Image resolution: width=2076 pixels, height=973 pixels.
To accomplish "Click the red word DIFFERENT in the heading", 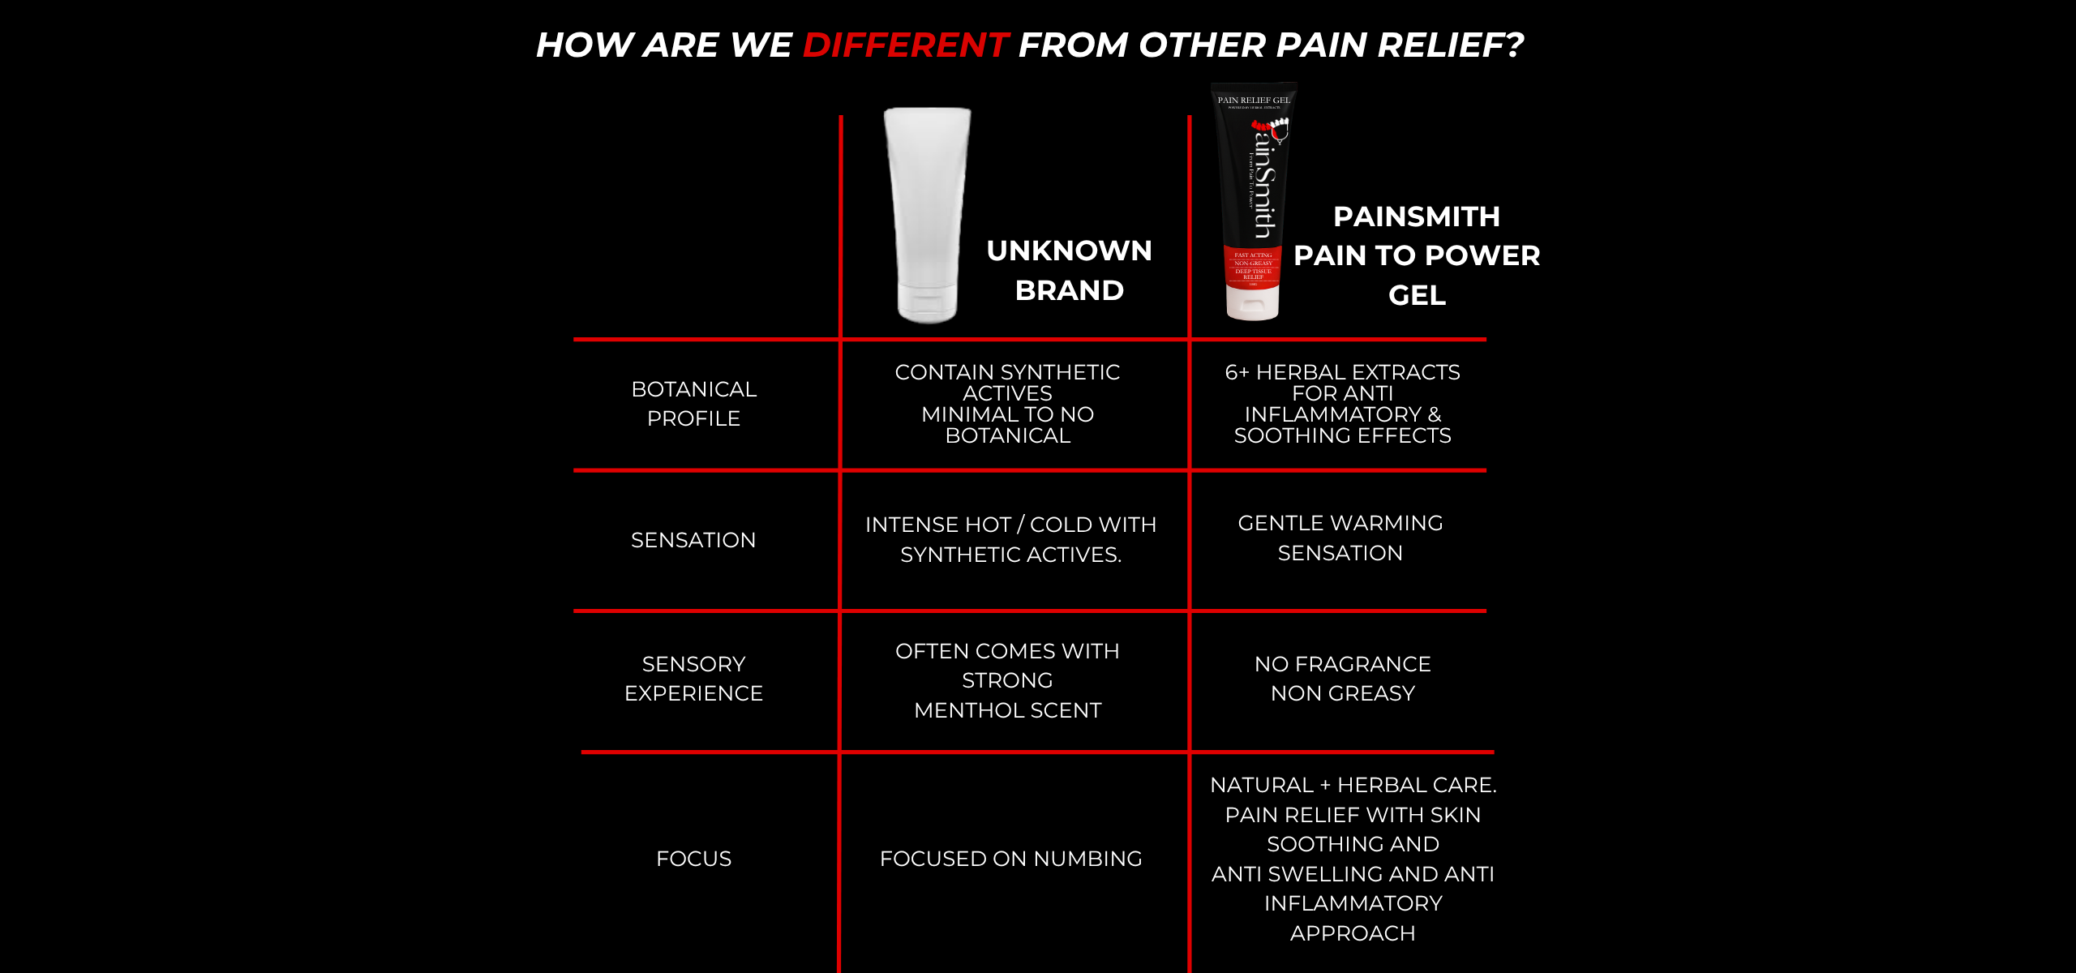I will tap(904, 45).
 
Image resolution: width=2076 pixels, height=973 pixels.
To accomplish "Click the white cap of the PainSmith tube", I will tap(1252, 303).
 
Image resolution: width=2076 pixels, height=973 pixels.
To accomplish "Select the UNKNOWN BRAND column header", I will tap(1069, 270).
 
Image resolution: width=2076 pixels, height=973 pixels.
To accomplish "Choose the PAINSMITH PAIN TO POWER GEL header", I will tap(1416, 255).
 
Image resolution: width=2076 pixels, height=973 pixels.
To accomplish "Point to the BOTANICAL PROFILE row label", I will tap(693, 404).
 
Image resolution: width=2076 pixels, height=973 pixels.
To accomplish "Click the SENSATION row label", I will tap(693, 540).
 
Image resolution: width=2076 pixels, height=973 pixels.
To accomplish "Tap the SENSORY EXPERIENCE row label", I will tap(693, 679).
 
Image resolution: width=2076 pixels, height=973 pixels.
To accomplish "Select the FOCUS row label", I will tap(693, 859).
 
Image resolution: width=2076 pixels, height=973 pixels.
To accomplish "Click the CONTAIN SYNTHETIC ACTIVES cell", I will tap(1007, 404).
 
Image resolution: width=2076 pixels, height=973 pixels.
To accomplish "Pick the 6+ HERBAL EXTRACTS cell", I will tap(1342, 404).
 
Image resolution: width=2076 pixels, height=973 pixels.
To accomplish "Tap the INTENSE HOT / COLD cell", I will tap(1010, 539).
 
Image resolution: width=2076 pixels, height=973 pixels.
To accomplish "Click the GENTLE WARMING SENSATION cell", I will tap(1340, 538).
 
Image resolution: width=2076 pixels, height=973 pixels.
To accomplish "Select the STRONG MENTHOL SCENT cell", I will tap(1007, 680).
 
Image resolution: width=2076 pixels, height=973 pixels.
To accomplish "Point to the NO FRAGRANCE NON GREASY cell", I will tap(1342, 679).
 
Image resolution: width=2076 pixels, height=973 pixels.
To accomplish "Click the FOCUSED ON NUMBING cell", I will tap(1010, 859).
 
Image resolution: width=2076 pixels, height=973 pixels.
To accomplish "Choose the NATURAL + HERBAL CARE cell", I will tap(1353, 859).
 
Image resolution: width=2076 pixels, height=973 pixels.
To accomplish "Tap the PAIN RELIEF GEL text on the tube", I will tap(1253, 101).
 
